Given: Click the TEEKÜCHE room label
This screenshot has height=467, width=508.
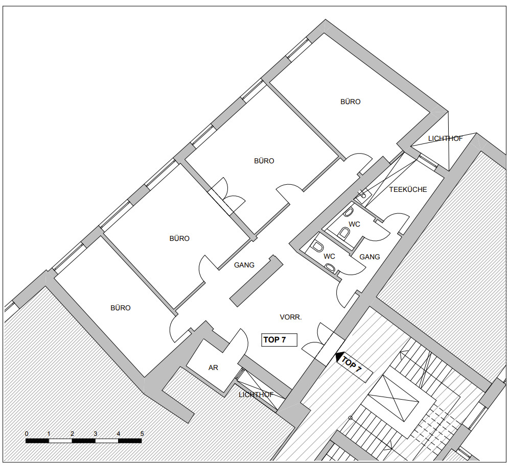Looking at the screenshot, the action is coord(408,190).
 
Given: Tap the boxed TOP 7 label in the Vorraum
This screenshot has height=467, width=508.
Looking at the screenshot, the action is coord(279,340).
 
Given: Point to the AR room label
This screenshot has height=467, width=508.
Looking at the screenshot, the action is coord(213,367).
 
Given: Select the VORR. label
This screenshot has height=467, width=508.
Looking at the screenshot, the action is coord(291,317).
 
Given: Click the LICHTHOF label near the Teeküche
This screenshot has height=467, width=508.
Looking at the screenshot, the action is coord(445,138).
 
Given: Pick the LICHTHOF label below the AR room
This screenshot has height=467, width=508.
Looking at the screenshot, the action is coord(256,395).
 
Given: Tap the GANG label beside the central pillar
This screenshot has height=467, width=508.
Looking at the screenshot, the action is coord(244,265).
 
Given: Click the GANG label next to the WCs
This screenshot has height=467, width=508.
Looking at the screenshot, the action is coord(370,257).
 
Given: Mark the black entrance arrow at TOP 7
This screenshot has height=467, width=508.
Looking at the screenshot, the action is coord(339,357).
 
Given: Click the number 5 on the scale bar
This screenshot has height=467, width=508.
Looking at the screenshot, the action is coord(142,434).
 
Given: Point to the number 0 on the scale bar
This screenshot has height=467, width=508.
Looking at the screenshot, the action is coord(27,434).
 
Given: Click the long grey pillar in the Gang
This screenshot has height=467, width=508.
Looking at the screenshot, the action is coord(256,281).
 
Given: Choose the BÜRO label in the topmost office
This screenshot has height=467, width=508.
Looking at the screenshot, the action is coord(350,102).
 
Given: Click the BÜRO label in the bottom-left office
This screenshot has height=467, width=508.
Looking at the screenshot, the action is coord(121,308).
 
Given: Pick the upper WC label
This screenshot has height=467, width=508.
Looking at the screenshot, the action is coord(354,224).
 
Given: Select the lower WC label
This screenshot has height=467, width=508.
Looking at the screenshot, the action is coord(329,257).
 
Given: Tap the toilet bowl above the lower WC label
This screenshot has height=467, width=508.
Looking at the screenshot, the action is coord(317,247).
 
